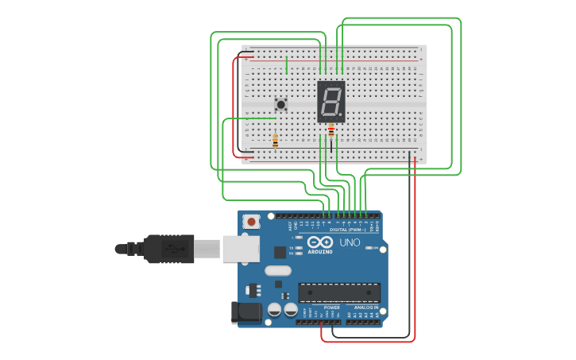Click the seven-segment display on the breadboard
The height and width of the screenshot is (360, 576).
tap(331, 101)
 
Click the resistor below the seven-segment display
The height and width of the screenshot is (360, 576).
tap(331, 132)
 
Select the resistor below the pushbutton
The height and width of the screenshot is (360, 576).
tap(275, 141)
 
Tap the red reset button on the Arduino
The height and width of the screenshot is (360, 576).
tap(251, 222)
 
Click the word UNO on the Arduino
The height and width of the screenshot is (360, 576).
tap(350, 242)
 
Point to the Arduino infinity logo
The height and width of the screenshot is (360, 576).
tap(320, 242)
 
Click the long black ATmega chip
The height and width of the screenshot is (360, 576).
tap(339, 292)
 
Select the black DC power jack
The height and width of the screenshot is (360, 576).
tap(245, 312)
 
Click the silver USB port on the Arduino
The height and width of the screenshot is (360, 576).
tap(242, 249)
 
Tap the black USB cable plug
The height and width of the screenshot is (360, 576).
tap(168, 249)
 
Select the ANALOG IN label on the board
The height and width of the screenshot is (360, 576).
tap(365, 308)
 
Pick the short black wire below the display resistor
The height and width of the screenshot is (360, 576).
tap(331, 146)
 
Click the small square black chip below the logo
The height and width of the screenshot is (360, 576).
tap(280, 252)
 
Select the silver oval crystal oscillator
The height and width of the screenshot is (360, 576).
tap(278, 270)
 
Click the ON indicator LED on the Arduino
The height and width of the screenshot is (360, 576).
tap(369, 248)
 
